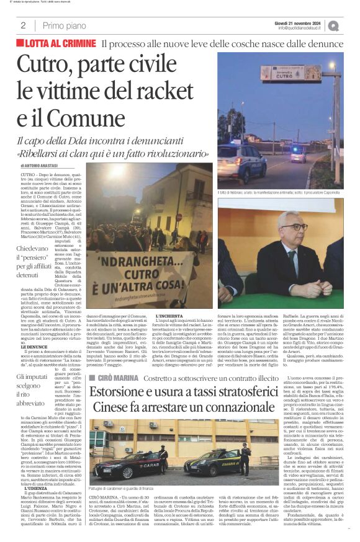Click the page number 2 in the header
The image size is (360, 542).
[x=23, y=25]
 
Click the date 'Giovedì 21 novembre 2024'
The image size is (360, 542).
[x=300, y=22]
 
